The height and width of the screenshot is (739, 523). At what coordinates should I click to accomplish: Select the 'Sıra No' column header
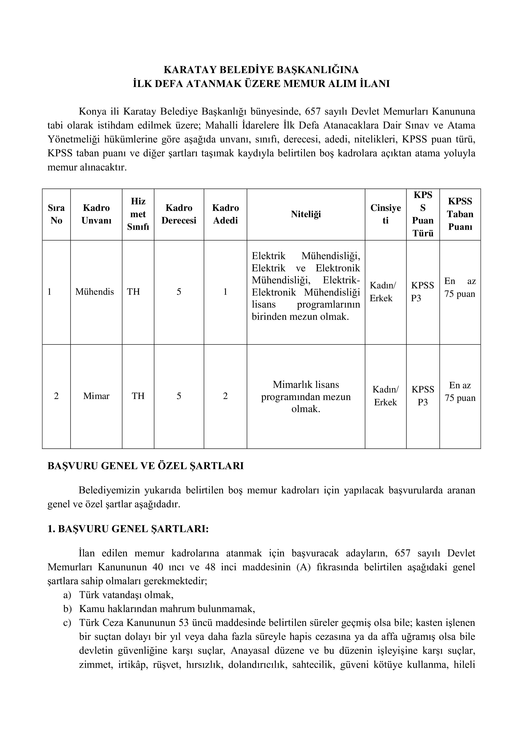click(x=56, y=214)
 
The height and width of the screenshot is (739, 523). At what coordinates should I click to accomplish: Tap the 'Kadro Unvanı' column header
click(x=96, y=214)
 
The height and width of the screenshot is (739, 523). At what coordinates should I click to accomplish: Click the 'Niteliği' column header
click(x=306, y=214)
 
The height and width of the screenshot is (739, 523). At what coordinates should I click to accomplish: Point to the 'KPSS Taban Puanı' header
click(x=460, y=214)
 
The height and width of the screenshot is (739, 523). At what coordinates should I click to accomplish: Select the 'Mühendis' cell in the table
click(x=95, y=292)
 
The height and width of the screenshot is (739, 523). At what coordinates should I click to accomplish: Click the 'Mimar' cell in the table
click(x=96, y=396)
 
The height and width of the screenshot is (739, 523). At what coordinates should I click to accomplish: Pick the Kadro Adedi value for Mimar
click(x=225, y=396)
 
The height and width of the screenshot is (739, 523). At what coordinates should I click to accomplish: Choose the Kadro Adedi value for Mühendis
click(x=225, y=292)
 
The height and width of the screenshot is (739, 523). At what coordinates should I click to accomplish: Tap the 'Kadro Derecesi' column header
click(x=179, y=214)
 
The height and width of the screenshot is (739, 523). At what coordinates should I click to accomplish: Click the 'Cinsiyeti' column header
click(x=386, y=214)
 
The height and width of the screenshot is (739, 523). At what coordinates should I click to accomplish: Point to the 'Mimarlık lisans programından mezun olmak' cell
click(x=306, y=396)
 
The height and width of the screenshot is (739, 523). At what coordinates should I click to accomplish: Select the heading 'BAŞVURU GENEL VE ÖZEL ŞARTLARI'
click(x=146, y=466)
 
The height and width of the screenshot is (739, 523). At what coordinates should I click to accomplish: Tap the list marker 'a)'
click(x=67, y=595)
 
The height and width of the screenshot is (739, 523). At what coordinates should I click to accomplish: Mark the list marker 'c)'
click(x=67, y=623)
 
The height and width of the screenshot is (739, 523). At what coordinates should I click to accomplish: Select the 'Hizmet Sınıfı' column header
click(x=138, y=214)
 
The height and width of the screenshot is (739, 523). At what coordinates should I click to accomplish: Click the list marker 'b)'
click(x=67, y=609)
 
